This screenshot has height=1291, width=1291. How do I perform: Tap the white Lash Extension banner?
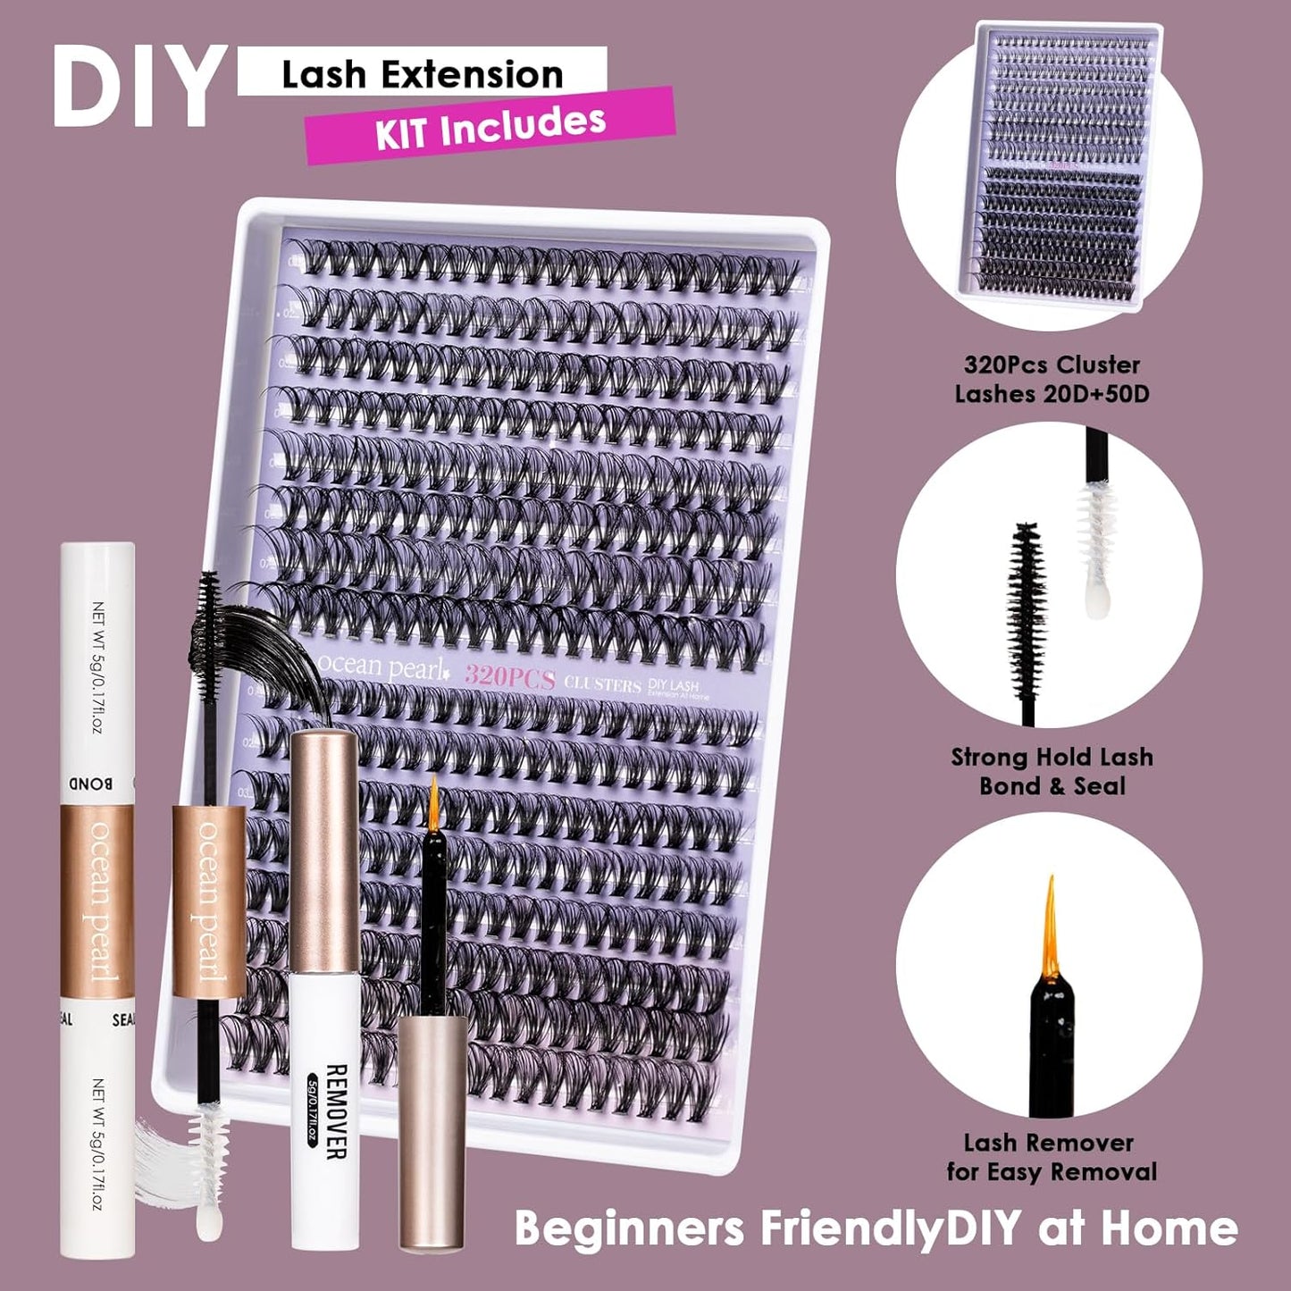[422, 73]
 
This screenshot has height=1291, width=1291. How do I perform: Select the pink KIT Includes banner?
[490, 126]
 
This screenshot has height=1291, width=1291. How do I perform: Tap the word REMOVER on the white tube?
[335, 1111]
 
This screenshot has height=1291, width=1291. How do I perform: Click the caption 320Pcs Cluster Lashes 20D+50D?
[1052, 379]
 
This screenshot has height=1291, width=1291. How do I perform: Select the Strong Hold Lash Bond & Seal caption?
[1052, 772]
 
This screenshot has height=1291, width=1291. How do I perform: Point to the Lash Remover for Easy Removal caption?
[1051, 1157]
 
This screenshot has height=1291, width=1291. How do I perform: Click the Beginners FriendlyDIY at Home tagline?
[876, 1228]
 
